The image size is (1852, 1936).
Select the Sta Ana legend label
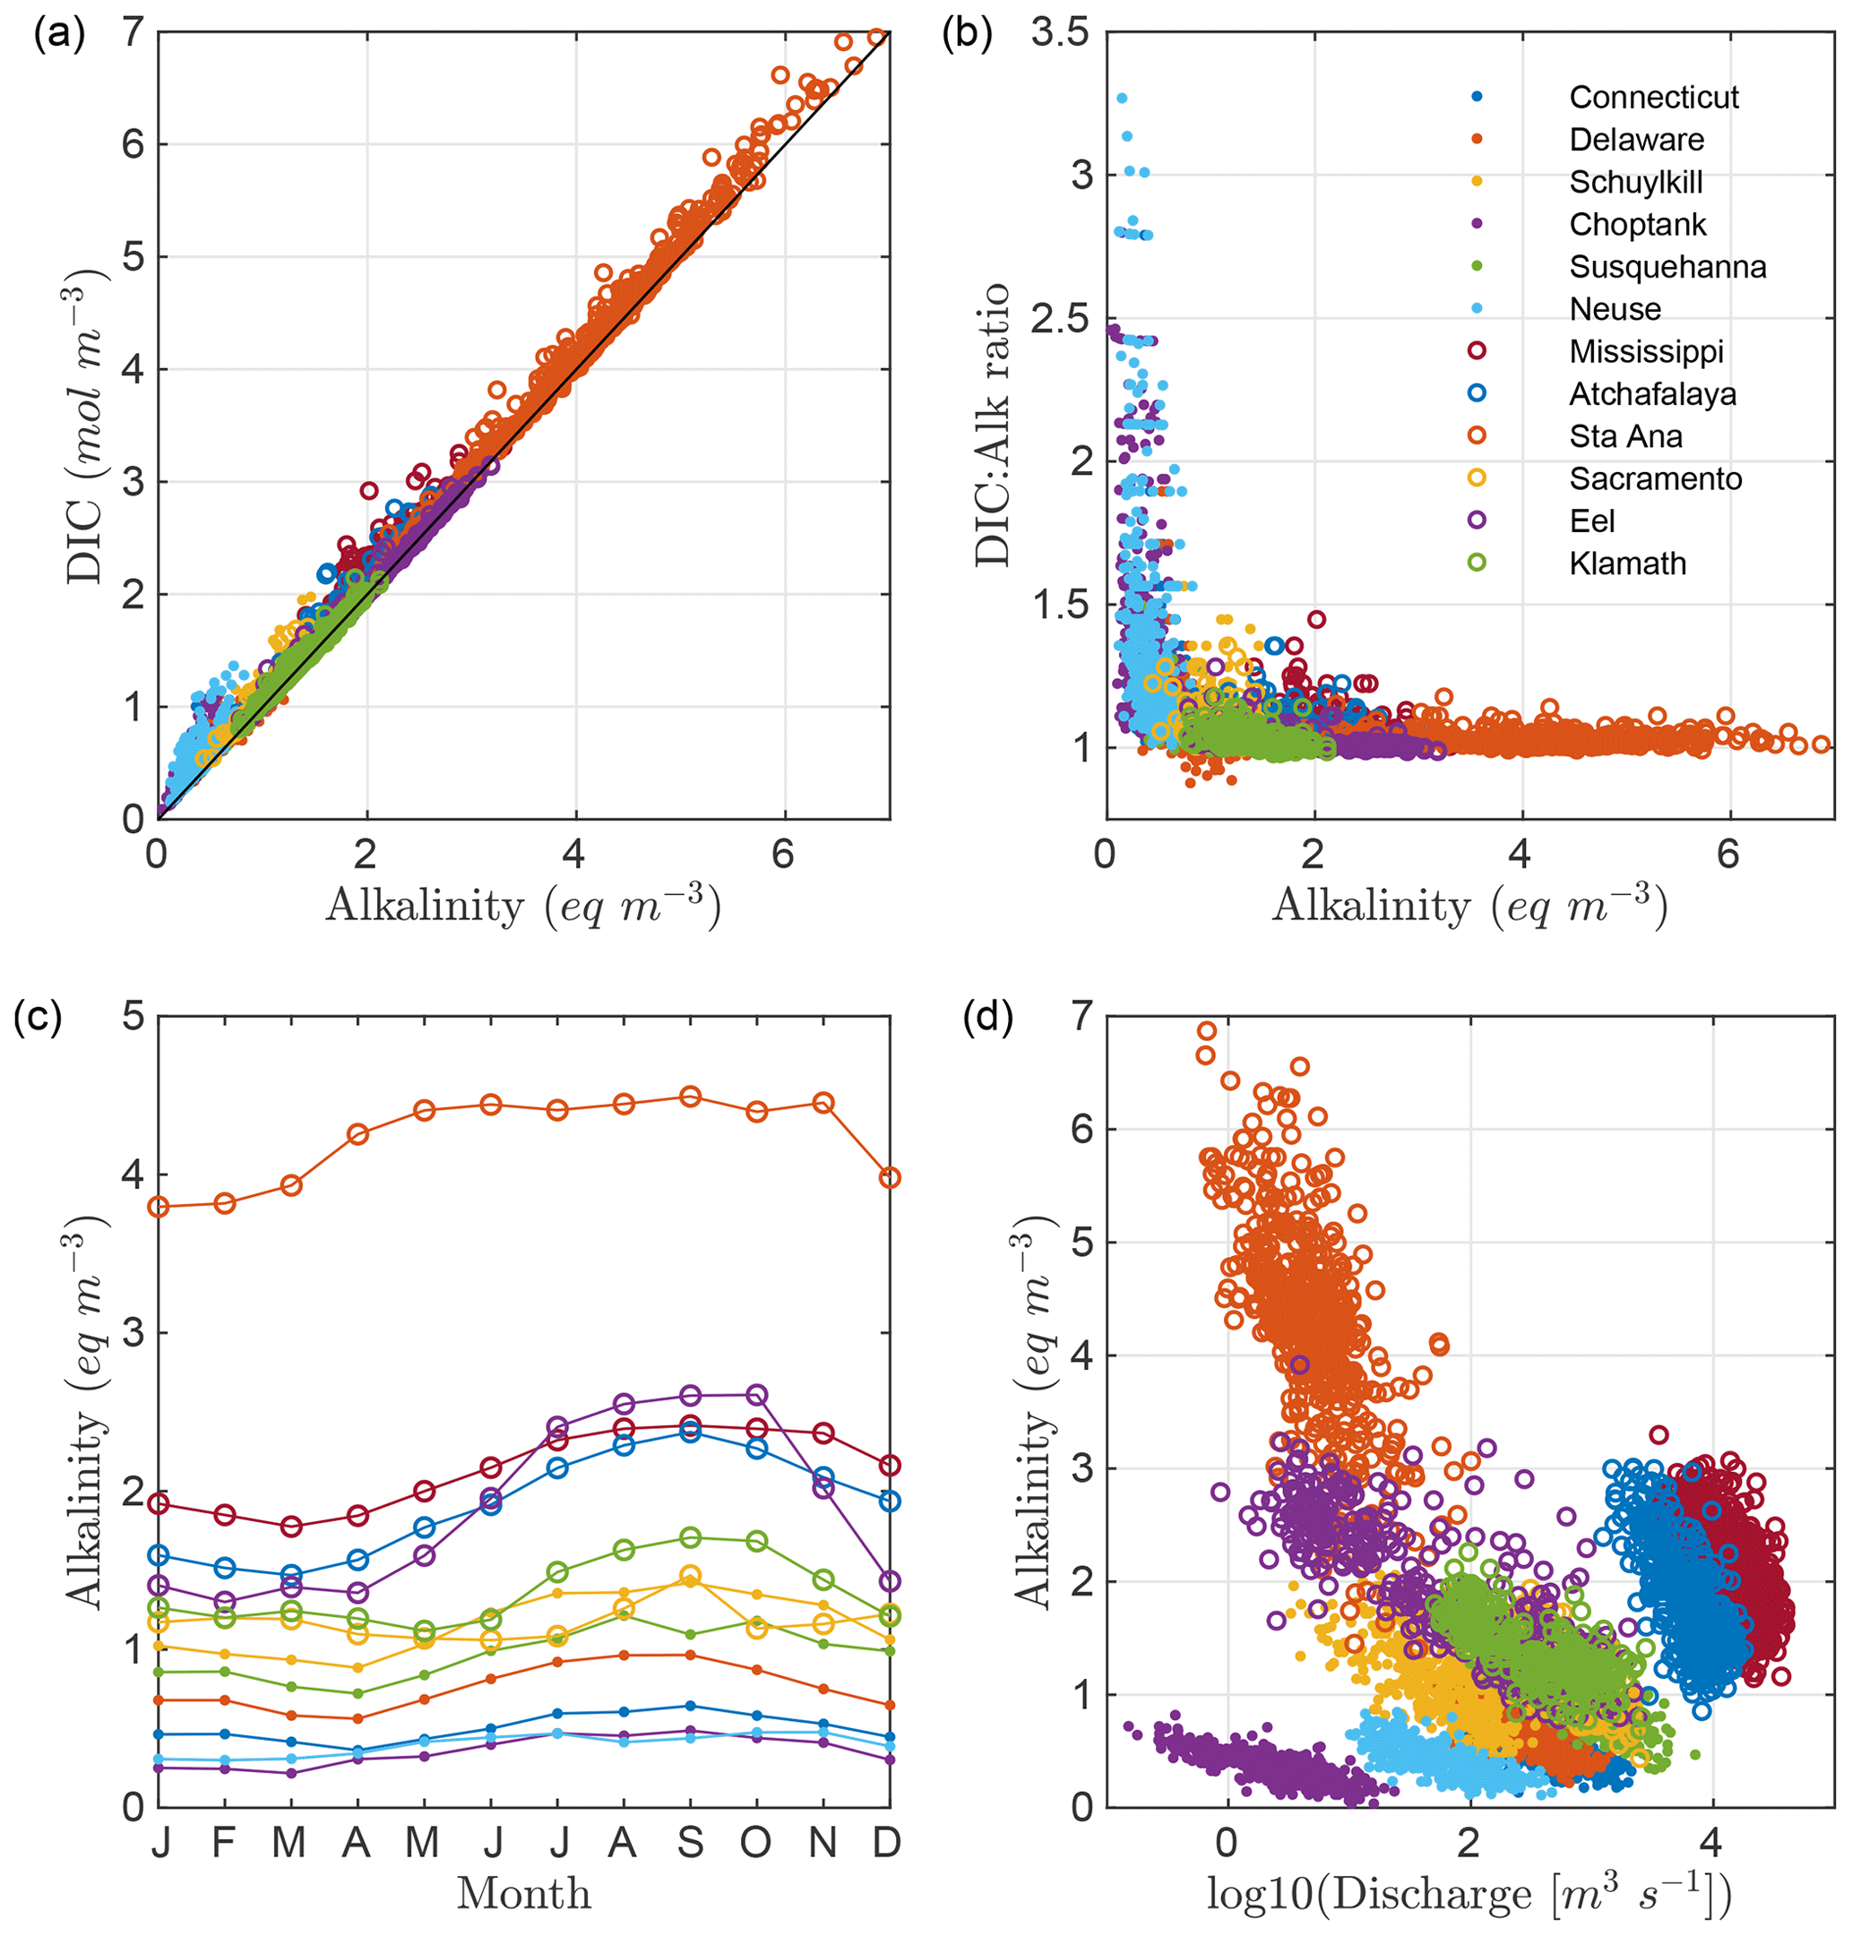(1625, 436)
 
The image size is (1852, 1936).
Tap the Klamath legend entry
(1627, 564)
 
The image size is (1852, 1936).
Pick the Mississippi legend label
(1646, 351)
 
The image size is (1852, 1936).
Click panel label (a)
(59, 36)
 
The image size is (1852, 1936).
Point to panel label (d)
(987, 1018)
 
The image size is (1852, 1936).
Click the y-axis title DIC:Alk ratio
(992, 425)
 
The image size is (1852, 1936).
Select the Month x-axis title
(523, 1894)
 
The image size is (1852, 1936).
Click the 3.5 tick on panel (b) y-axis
(1059, 32)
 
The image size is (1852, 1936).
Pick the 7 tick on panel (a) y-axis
(134, 32)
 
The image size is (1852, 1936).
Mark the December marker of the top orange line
(890, 1178)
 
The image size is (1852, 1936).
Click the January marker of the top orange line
(159, 1207)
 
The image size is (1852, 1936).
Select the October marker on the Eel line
(757, 1395)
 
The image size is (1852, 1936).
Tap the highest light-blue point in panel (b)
(1122, 99)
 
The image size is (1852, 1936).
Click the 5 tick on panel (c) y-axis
(134, 1017)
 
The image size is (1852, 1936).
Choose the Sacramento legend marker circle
(1477, 478)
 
